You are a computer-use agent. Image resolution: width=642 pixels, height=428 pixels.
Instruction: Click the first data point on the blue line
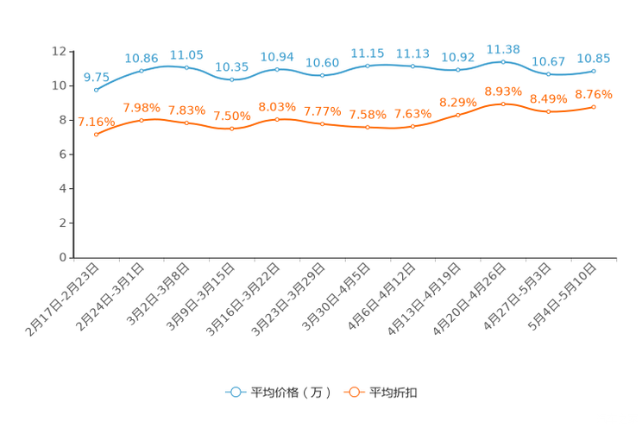click(x=96, y=89)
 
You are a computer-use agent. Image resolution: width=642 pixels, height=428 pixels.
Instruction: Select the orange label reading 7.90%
click(x=142, y=108)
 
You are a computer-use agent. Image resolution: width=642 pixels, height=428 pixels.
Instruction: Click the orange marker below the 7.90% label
click(x=142, y=120)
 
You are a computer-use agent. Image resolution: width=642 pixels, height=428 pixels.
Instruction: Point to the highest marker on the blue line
click(x=503, y=61)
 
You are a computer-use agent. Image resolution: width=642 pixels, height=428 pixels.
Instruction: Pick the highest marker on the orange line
click(x=503, y=103)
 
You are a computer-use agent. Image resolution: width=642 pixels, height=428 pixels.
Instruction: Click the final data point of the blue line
click(x=594, y=71)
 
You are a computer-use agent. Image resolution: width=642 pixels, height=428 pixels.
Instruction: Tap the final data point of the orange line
click(x=594, y=106)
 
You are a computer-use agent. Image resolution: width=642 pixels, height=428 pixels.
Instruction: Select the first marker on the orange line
click(x=96, y=135)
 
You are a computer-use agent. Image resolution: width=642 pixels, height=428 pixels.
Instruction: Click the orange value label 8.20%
click(x=457, y=102)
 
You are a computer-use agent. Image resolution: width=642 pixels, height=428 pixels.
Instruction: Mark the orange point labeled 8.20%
click(x=457, y=115)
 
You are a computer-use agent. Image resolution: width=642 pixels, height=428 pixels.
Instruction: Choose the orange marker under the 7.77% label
click(x=323, y=124)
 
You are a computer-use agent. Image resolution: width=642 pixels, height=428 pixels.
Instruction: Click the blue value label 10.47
click(x=549, y=61)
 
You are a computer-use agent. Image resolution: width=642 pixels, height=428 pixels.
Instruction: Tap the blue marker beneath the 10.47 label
click(x=549, y=74)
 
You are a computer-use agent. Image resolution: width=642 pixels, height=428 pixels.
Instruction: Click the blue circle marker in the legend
click(x=235, y=392)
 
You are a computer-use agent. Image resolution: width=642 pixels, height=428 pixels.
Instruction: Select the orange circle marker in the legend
click(x=353, y=392)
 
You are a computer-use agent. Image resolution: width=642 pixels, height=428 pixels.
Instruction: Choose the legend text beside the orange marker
click(x=394, y=393)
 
